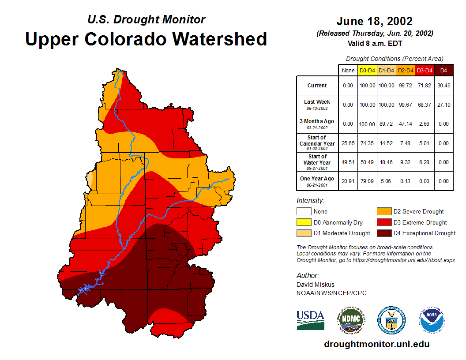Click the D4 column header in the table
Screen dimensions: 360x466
tap(443, 70)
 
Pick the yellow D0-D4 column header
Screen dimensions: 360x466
tap(367, 70)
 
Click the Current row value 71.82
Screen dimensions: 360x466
tap(425, 86)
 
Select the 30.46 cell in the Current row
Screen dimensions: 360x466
tap(443, 86)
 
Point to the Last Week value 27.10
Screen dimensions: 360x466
tap(443, 105)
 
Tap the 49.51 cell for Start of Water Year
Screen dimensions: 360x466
tap(348, 162)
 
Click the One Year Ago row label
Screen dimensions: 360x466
tap(317, 179)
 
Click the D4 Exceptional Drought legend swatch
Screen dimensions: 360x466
tap(383, 233)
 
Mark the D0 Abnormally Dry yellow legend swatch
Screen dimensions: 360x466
tap(304, 222)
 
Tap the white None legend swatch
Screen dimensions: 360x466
tap(304, 211)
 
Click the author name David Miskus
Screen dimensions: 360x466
tap(315, 285)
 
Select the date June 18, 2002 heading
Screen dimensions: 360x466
tap(374, 21)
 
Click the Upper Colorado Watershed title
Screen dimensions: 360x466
tap(146, 39)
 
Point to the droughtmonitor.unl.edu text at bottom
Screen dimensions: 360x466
tap(376, 344)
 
